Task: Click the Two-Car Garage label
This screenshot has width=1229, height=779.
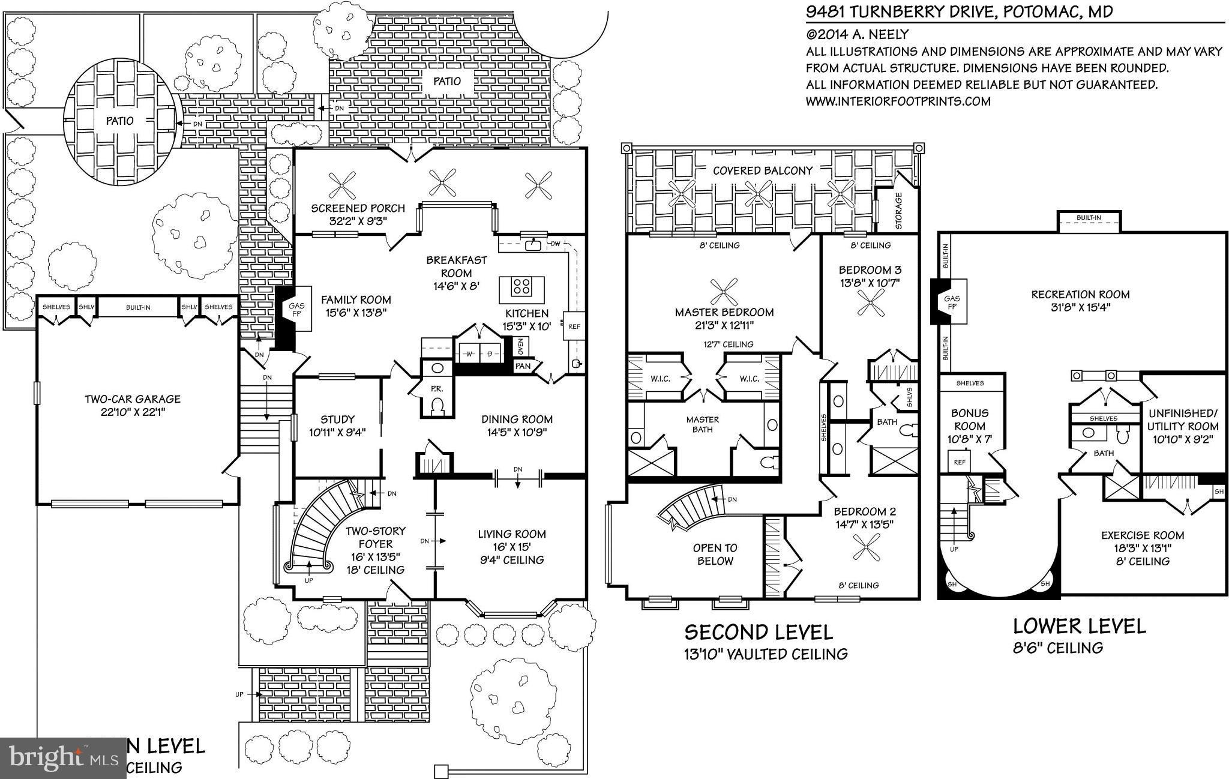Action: (x=132, y=399)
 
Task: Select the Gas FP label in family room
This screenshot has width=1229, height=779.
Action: (x=300, y=310)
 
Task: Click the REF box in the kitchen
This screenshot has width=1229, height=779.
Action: (x=574, y=326)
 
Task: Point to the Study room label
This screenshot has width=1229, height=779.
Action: (x=337, y=420)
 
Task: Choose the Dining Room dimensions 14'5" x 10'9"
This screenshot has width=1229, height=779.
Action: (x=517, y=432)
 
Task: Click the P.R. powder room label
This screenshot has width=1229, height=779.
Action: (x=436, y=388)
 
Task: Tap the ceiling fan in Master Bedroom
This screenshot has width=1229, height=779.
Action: (x=724, y=293)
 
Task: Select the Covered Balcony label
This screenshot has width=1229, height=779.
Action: (x=762, y=170)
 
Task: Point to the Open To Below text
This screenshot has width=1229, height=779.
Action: (x=715, y=555)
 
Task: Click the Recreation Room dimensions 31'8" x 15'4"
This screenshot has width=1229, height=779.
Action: (x=1080, y=308)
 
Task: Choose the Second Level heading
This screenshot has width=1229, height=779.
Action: (x=759, y=632)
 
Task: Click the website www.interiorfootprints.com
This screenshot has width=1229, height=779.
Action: (x=898, y=101)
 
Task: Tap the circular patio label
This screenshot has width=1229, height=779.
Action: (x=120, y=121)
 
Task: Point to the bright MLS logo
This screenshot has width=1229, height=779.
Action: (x=62, y=758)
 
